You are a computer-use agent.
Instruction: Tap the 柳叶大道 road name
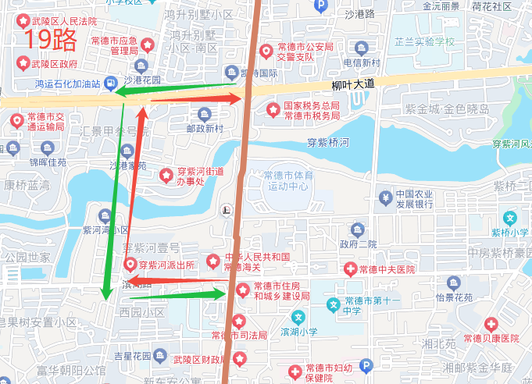pos(353,84)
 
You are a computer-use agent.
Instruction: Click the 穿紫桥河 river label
pos(328,143)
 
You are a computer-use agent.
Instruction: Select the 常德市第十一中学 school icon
pos(334,304)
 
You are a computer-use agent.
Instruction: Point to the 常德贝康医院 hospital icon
pos(491,324)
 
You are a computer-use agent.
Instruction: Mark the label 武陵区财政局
pos(199,359)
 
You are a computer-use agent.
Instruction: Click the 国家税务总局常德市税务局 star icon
pos(273,109)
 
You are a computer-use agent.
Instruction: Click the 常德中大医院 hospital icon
pos(349,269)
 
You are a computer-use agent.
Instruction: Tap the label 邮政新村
pos(205,128)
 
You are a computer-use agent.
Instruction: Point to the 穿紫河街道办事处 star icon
pos(165,176)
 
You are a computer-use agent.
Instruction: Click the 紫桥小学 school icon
pos(511,219)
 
